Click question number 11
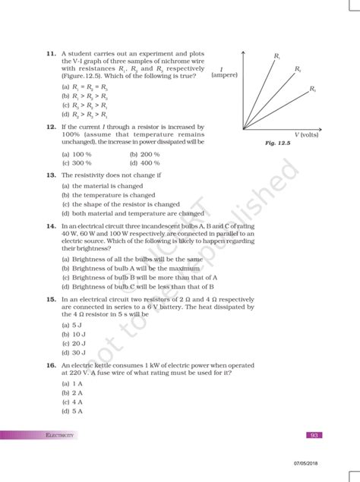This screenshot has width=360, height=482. point(49,55)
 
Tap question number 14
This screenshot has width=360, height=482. point(49,226)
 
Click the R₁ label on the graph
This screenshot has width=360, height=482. point(277,56)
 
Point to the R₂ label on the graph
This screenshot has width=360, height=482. point(298,70)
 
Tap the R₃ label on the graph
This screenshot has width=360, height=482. point(312,90)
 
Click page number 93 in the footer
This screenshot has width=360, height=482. point(314,435)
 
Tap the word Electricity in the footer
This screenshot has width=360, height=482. point(60,435)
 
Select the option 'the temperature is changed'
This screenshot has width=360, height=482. point(108,195)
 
